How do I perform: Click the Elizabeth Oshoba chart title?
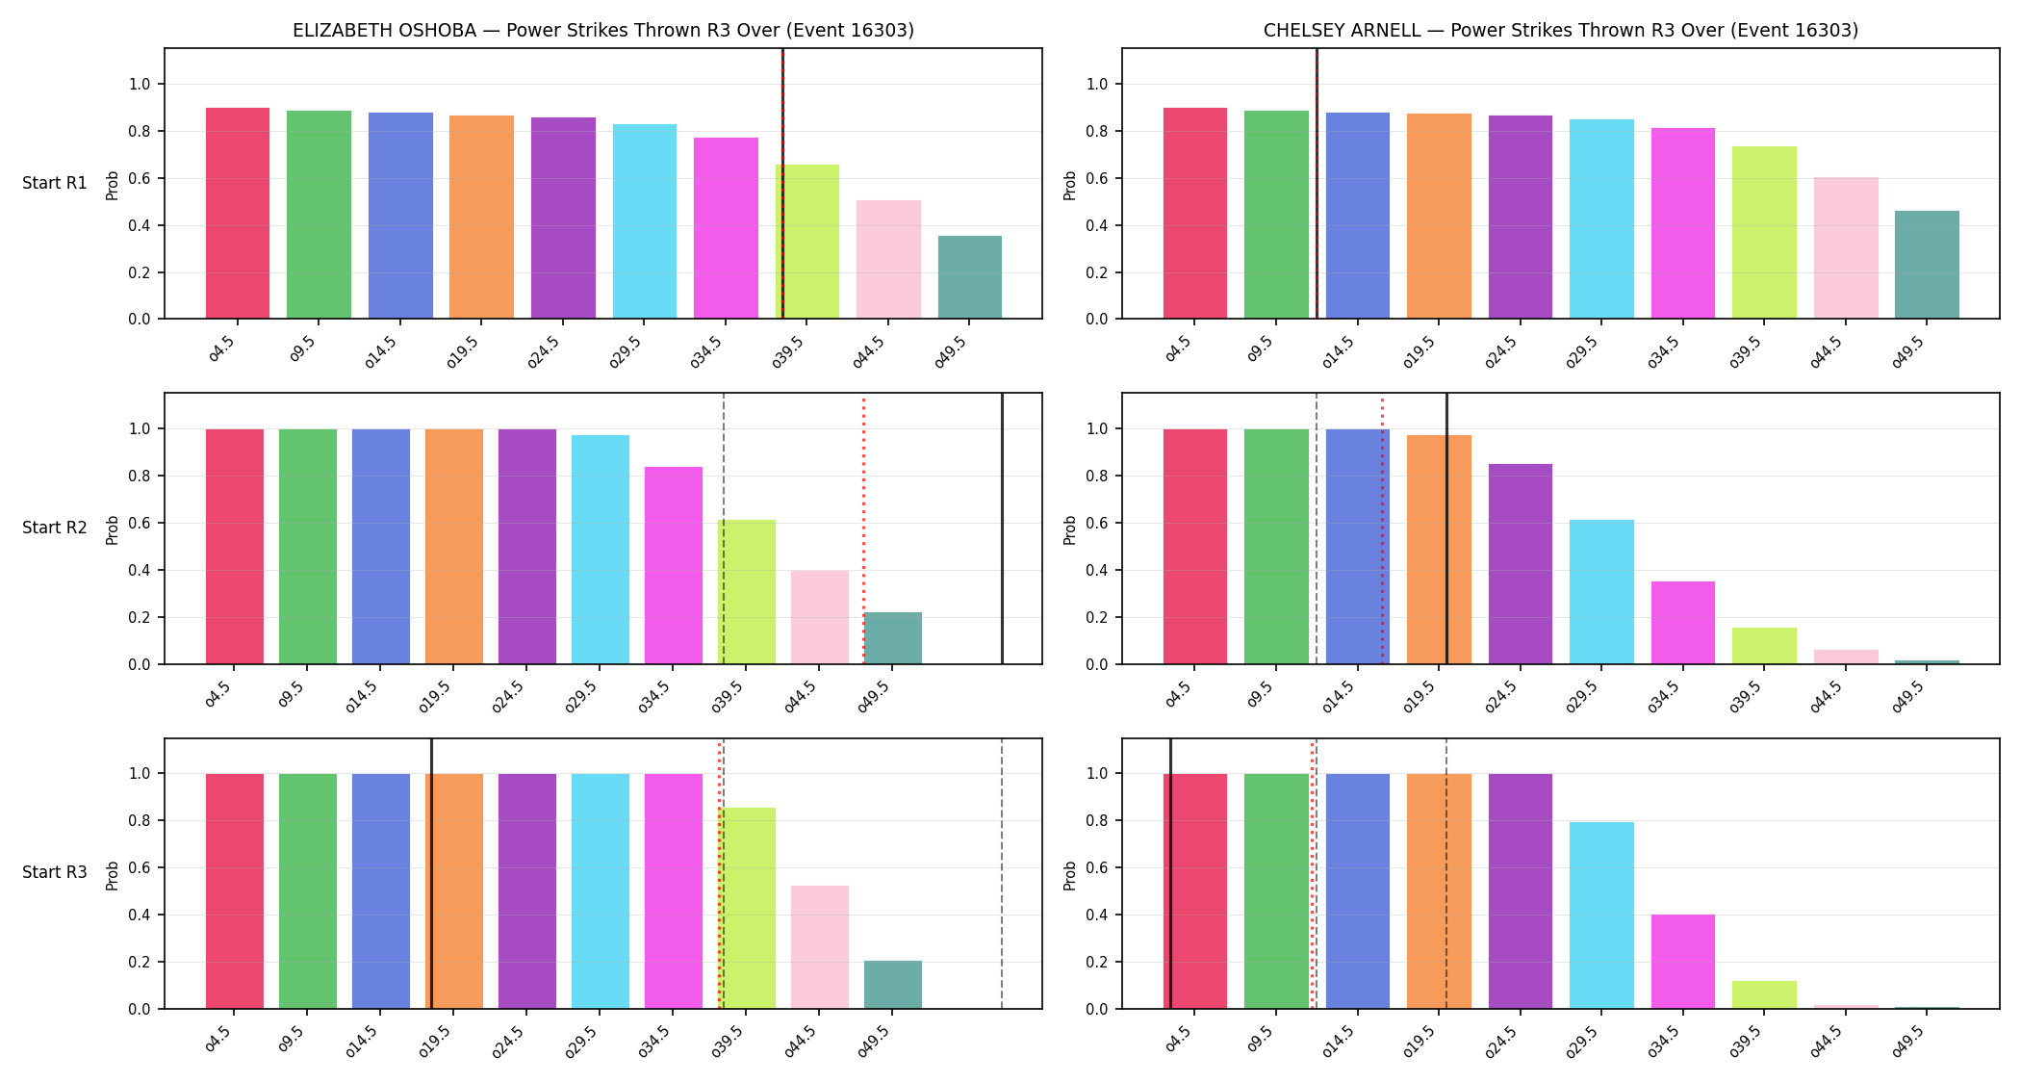[x=603, y=30]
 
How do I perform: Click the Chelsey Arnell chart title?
[x=1561, y=30]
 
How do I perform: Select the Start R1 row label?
[x=55, y=183]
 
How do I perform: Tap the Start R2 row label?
[x=55, y=528]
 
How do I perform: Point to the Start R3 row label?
[x=55, y=872]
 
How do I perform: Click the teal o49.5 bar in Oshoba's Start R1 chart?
[x=970, y=277]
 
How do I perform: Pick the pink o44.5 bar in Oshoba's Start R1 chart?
[x=888, y=259]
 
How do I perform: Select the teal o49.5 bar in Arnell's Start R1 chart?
[x=1927, y=265]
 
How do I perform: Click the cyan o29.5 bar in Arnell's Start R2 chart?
[x=1601, y=592]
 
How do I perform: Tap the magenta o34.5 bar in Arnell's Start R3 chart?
[x=1683, y=962]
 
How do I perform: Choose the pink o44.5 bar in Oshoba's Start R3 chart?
[x=820, y=947]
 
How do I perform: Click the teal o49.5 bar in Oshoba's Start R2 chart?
[x=893, y=638]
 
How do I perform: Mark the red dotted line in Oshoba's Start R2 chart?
[x=863, y=529]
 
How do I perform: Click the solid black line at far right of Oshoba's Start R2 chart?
[x=1002, y=529]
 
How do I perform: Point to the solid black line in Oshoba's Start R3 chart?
[x=431, y=874]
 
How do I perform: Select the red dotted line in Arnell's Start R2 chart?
[x=1382, y=529]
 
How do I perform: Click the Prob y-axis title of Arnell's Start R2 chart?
[x=1070, y=529]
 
